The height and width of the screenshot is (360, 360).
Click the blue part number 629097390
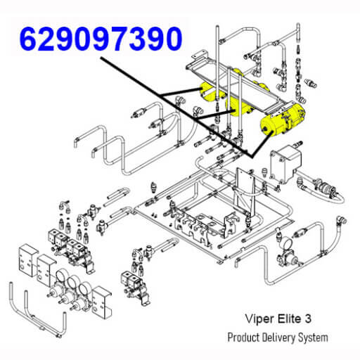[x=101, y=39]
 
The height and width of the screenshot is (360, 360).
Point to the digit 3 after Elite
[x=308, y=319]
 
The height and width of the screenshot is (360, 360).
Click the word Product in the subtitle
[x=243, y=337]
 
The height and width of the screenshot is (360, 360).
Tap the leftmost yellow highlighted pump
[x=209, y=92]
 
